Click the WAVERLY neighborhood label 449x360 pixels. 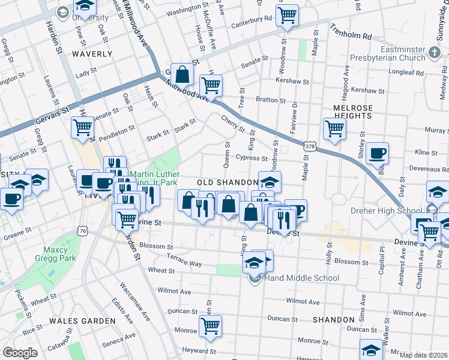(x=92, y=54)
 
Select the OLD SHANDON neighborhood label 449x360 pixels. (x=228, y=182)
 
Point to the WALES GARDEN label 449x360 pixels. (x=82, y=321)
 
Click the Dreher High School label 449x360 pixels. (x=392, y=211)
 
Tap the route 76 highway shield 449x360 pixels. (x=83, y=231)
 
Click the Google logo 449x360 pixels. (x=20, y=353)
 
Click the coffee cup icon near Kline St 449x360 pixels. (x=377, y=152)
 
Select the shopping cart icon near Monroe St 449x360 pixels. (x=210, y=326)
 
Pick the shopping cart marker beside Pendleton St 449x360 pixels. (x=82, y=127)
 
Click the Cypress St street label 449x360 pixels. (x=251, y=158)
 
